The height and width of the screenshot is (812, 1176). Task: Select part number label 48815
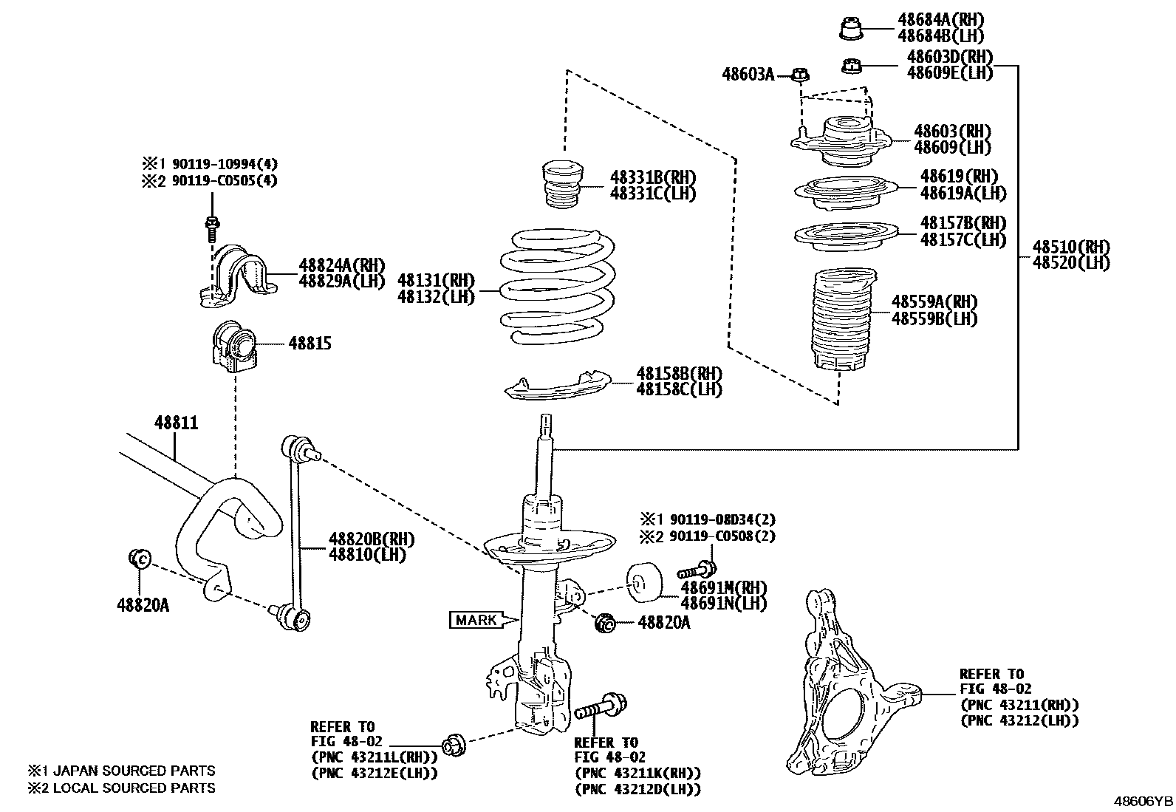(x=310, y=344)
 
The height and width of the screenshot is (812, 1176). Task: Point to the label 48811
(x=176, y=423)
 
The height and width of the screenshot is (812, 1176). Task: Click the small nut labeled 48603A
(x=801, y=75)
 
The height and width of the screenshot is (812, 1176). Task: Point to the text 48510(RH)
(x=1070, y=247)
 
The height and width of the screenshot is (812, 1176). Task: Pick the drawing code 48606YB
(x=1143, y=801)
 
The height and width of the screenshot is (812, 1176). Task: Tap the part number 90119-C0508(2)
(x=717, y=536)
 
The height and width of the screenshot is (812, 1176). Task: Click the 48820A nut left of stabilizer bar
(x=140, y=559)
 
